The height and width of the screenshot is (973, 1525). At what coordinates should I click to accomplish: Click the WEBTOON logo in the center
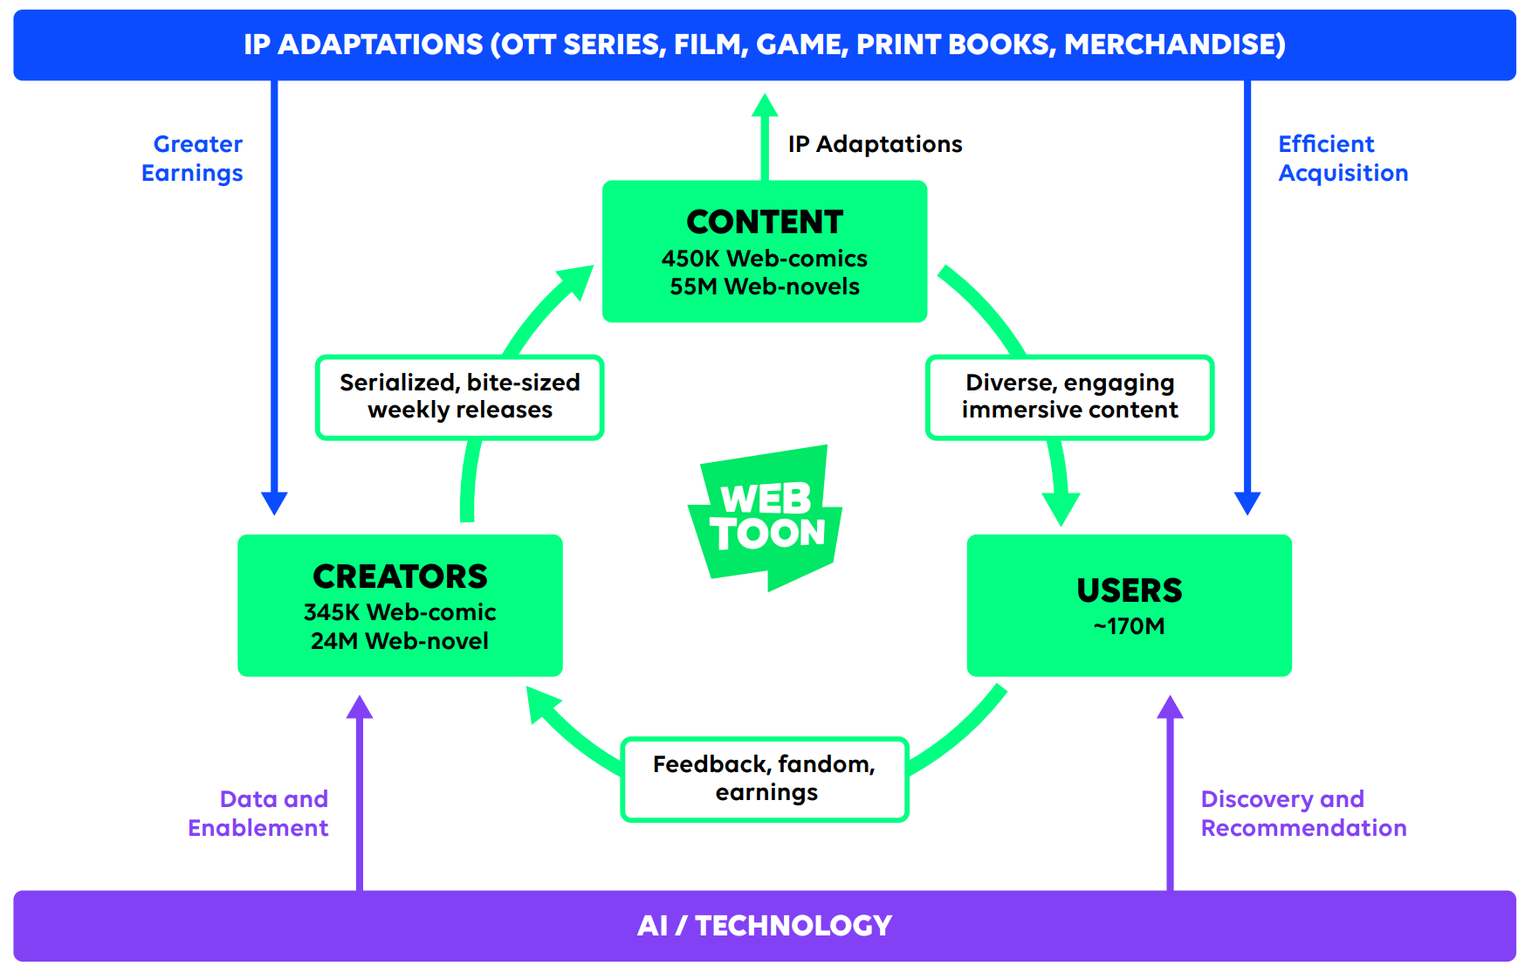765,517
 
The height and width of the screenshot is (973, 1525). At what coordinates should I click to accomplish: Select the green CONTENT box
765,252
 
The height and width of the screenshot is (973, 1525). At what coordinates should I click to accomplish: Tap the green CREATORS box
400,605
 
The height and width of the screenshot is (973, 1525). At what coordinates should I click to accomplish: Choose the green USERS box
1130,605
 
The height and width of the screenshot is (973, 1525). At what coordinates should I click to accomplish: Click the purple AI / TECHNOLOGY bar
765,926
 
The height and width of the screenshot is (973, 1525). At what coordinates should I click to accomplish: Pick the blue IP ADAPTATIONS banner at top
765,45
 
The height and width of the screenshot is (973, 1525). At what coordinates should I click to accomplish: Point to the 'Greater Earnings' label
193,158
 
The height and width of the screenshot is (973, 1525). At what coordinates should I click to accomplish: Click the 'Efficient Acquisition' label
1343,158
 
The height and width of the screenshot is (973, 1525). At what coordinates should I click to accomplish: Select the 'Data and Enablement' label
258,813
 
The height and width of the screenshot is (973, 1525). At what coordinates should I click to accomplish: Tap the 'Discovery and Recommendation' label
1304,813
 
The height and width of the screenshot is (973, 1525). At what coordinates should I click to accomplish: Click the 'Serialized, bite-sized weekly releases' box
460,397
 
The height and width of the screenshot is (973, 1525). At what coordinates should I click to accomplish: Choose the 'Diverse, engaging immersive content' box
1070,397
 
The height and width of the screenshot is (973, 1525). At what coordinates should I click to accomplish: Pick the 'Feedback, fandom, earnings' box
765,779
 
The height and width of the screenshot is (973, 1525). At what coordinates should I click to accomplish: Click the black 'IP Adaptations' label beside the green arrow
876,144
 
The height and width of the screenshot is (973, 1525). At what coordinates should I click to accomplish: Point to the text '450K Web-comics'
765,259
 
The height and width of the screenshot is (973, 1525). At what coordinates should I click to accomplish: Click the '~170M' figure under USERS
1130,626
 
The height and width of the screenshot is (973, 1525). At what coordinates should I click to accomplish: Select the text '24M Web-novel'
400,641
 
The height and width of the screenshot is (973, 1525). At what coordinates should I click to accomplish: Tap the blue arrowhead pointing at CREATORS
274,503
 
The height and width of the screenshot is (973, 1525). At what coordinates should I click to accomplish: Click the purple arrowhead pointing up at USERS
1170,707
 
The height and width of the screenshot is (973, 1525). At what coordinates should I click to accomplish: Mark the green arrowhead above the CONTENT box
765,105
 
